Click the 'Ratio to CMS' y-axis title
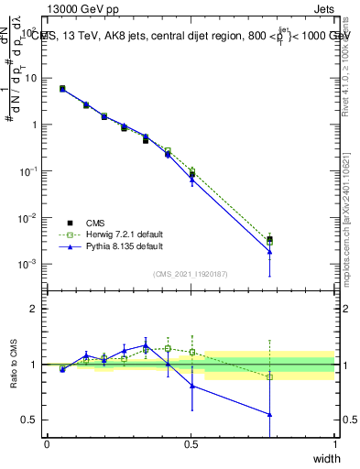pos(15,364)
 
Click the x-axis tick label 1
pos(334,444)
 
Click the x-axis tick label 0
pos(47,444)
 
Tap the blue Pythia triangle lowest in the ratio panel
pos(269,414)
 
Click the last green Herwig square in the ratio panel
pos(269,377)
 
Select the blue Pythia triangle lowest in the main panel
pos(269,252)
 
